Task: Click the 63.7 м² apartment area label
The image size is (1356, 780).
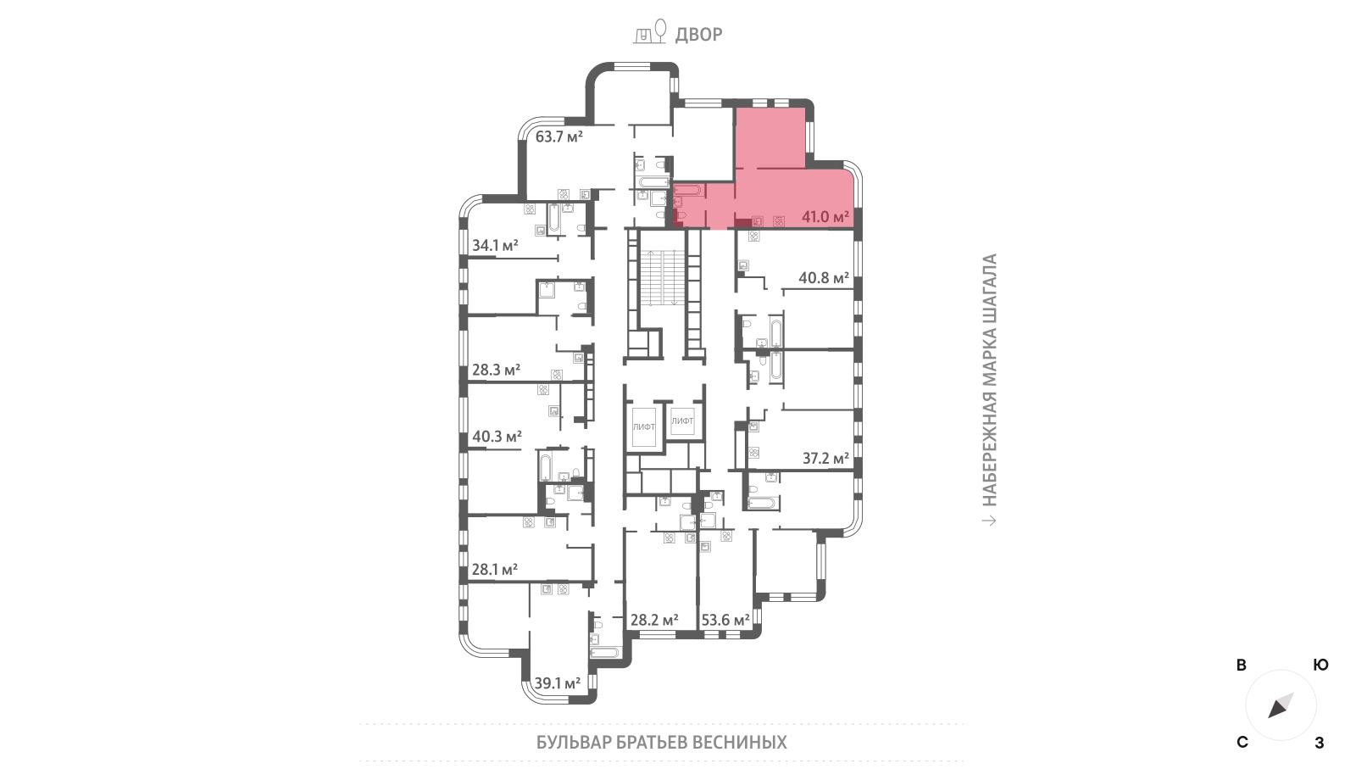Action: point(559,136)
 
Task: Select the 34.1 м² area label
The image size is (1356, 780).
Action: point(495,245)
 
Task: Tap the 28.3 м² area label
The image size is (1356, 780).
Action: point(496,370)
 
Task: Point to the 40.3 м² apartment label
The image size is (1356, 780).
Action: point(497,436)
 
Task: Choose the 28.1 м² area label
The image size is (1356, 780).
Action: point(495,569)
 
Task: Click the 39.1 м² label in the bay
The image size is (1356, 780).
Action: point(558,683)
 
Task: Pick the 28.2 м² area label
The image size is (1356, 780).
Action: point(654,620)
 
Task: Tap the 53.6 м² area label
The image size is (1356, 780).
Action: point(725,620)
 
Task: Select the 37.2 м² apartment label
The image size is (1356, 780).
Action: point(825,459)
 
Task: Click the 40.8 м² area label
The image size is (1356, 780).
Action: point(824,278)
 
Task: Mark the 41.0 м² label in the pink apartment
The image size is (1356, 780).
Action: point(825,216)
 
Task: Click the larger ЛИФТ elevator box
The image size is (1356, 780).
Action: point(644,426)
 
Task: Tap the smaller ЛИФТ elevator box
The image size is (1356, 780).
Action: point(682,421)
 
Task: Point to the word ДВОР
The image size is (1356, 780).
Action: point(698,35)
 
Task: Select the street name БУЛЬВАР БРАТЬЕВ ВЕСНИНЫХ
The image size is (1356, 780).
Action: point(662,742)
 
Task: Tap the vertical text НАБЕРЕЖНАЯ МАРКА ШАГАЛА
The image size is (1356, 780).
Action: point(989,380)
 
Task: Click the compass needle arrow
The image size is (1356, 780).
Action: point(1281,705)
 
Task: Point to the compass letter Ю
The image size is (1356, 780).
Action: point(1320,665)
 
